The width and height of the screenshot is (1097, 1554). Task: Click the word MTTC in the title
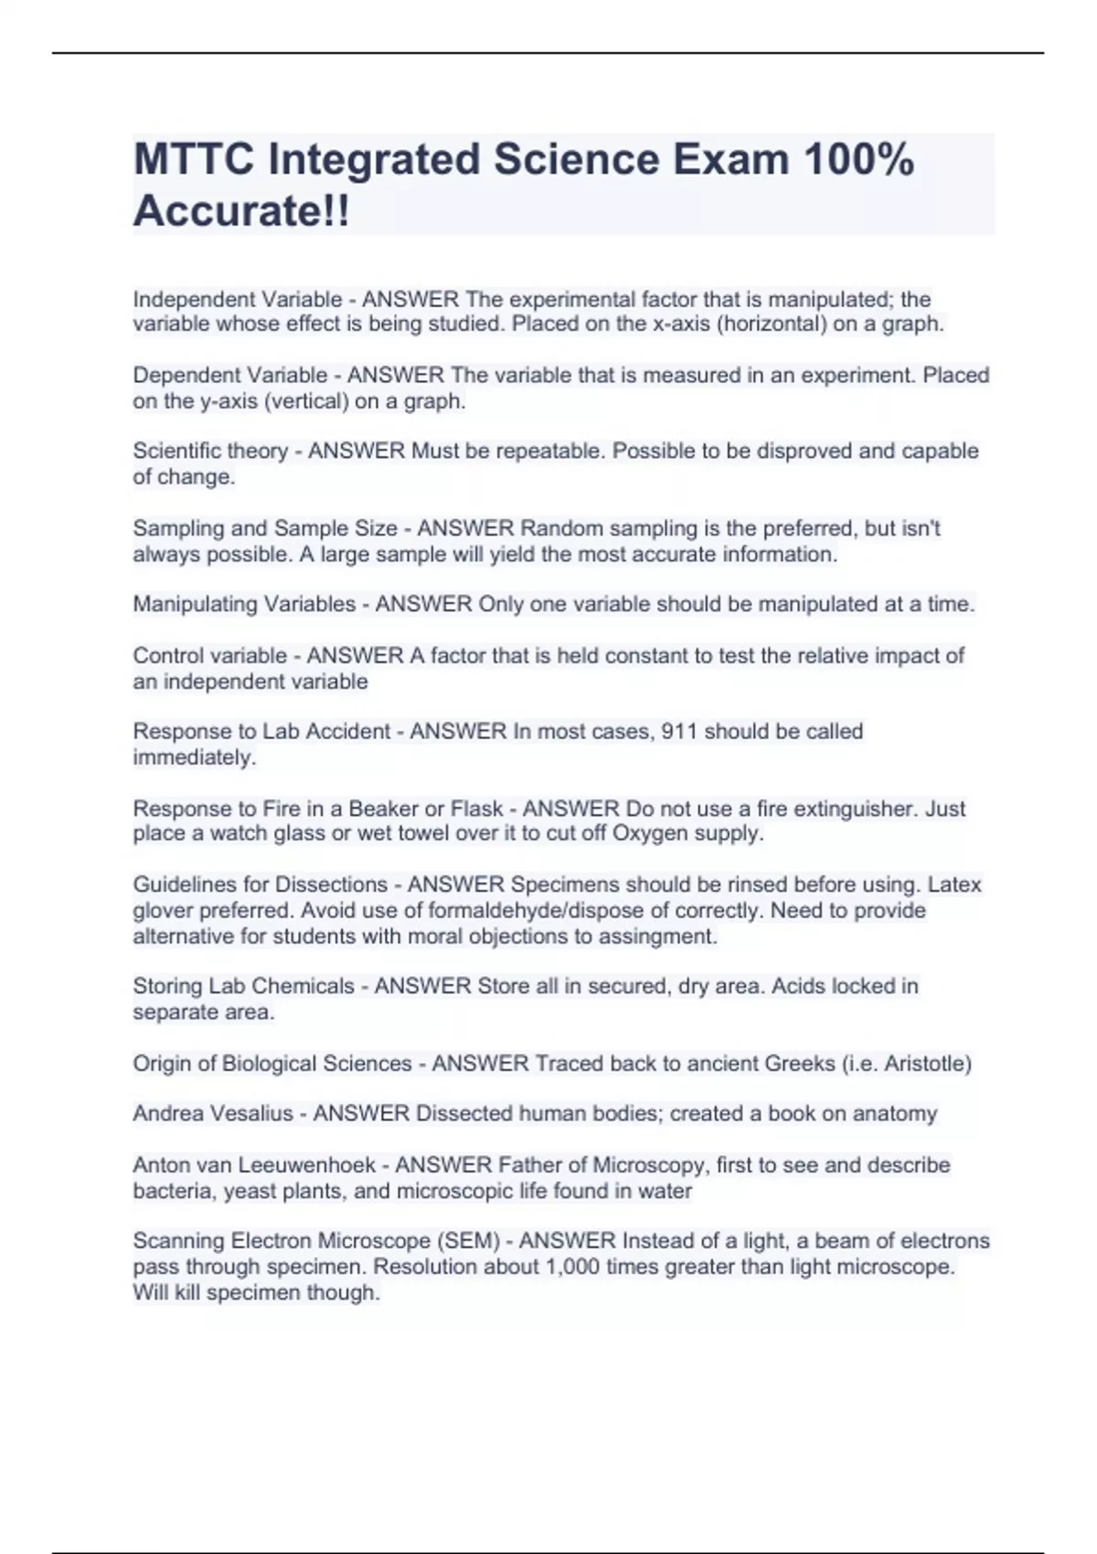[192, 160]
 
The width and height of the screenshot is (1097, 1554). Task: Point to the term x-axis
[681, 324]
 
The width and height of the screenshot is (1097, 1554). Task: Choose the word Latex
[954, 885]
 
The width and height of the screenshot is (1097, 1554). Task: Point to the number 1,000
[574, 1267]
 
